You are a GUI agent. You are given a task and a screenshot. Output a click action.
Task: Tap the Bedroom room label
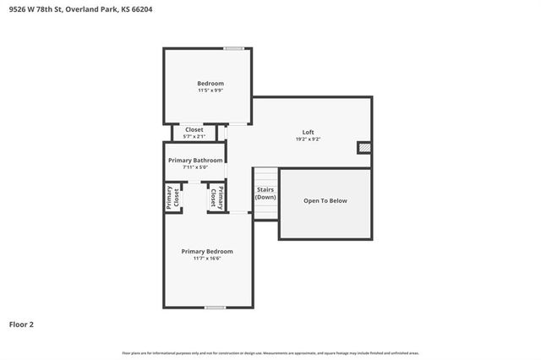[x=210, y=83]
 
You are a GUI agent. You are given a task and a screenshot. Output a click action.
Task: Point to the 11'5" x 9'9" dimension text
[x=210, y=90]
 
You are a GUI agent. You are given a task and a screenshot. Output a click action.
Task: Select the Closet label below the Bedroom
[x=194, y=129]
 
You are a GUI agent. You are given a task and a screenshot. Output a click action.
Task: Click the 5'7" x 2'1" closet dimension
[x=194, y=136]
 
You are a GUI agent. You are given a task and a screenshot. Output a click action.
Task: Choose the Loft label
[x=309, y=132]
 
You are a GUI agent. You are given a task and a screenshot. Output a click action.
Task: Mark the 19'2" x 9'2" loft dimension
[x=309, y=139]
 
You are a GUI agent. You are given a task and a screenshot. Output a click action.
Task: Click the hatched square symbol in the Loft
[x=364, y=147]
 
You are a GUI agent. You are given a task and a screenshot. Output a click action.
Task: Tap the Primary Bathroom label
[x=195, y=160]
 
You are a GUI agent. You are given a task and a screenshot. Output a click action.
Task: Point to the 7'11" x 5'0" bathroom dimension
[x=195, y=167]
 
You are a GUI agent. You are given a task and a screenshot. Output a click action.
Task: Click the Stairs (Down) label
[x=265, y=194]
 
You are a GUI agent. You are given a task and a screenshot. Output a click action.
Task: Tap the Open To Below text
[x=325, y=201]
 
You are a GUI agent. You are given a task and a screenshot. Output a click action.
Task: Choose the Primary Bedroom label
[x=207, y=251]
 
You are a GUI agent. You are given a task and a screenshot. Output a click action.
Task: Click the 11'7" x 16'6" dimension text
[x=207, y=259]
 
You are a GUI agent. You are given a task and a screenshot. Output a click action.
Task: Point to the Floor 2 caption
[x=21, y=324]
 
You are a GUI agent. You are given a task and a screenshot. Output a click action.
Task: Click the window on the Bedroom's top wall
[x=234, y=48]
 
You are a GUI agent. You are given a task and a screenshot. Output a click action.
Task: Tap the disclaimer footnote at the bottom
[x=270, y=352]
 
